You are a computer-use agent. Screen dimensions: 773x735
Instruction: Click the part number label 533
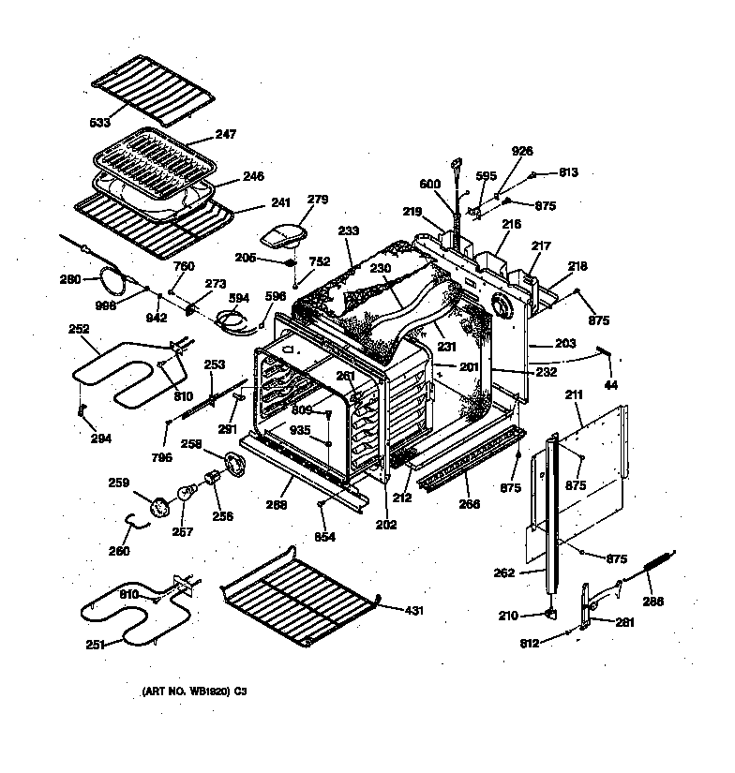pos(100,123)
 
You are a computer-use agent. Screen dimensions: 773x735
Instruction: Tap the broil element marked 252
pos(112,370)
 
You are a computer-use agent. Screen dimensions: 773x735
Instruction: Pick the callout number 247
pos(226,135)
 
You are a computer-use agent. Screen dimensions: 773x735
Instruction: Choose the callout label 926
pos(522,151)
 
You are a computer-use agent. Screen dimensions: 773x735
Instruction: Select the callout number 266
pos(470,504)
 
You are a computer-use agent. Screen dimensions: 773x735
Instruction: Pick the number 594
pos(240,299)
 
